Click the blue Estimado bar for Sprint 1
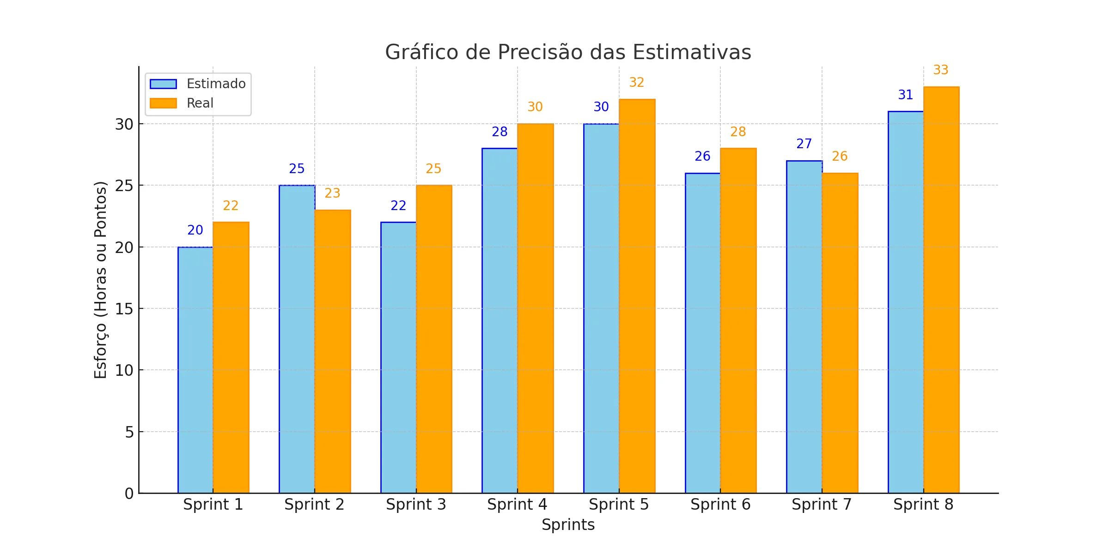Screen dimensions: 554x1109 tap(195, 369)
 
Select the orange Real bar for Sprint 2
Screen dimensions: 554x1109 tap(333, 351)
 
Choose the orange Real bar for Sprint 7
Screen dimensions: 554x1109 tap(840, 332)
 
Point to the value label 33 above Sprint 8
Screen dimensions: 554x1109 tap(941, 70)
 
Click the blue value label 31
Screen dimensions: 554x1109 tap(906, 95)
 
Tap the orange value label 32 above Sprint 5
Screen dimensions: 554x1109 tap(637, 83)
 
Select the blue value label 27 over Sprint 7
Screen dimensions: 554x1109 tap(804, 144)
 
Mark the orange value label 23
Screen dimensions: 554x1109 tap(332, 193)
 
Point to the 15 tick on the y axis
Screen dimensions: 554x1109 tap(124, 309)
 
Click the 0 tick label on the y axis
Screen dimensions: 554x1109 tap(129, 494)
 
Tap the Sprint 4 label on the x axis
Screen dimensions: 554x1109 tap(517, 505)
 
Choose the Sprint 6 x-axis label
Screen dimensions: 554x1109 tap(720, 505)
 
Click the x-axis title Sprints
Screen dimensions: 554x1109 tap(568, 525)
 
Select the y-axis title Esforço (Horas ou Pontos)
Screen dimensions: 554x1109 tap(101, 280)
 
